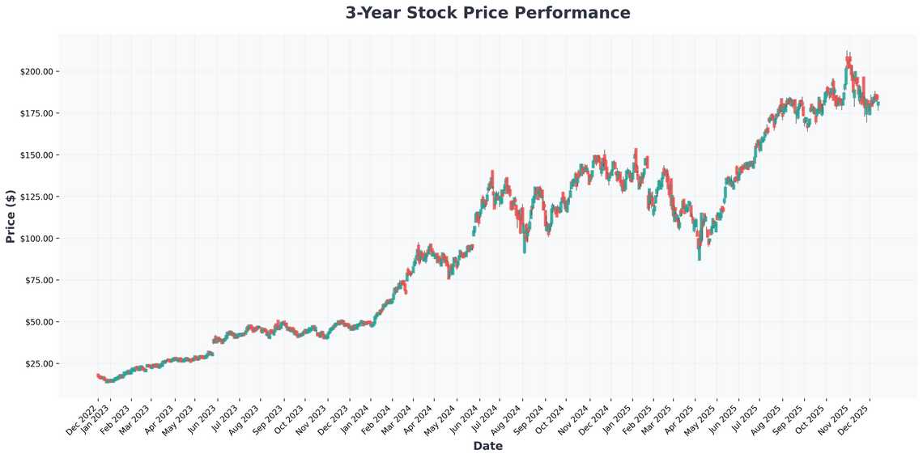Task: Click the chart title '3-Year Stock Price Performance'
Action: tap(487, 13)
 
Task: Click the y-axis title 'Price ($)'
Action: tap(11, 216)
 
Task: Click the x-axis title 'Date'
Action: tap(487, 446)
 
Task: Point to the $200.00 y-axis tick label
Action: tap(36, 71)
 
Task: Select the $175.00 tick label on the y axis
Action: tap(36, 113)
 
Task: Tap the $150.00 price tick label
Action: tap(36, 155)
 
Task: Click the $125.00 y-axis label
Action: tap(36, 197)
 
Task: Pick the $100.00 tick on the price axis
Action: tap(36, 239)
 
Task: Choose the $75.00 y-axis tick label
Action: tap(38, 280)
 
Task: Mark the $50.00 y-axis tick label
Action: tap(38, 322)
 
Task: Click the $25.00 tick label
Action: tap(38, 363)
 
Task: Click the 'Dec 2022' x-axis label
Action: tap(83, 418)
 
